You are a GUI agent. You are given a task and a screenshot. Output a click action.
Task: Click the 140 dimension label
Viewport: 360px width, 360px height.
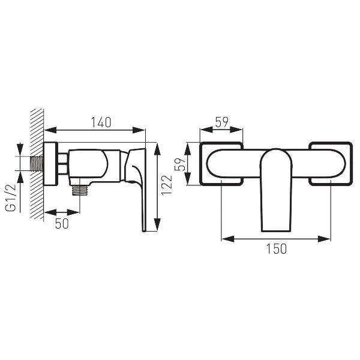pos(101,122)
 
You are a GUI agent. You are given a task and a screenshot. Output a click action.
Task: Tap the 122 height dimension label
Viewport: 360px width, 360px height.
pos(167,185)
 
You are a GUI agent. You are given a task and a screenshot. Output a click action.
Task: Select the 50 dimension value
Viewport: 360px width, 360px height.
pos(62,223)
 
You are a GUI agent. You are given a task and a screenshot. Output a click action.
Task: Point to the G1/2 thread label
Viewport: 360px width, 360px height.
pos(11,197)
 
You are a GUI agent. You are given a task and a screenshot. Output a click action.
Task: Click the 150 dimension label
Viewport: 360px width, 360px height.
pos(277,248)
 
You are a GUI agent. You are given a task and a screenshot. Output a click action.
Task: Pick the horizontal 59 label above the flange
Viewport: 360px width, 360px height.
pos(222,122)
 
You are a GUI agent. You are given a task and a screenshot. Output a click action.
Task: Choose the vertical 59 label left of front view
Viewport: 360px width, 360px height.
pos(180,164)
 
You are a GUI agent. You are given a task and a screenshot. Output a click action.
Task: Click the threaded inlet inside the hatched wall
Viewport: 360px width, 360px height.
pos(37,164)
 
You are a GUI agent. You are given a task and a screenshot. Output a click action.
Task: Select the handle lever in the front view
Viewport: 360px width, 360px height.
pos(276,190)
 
